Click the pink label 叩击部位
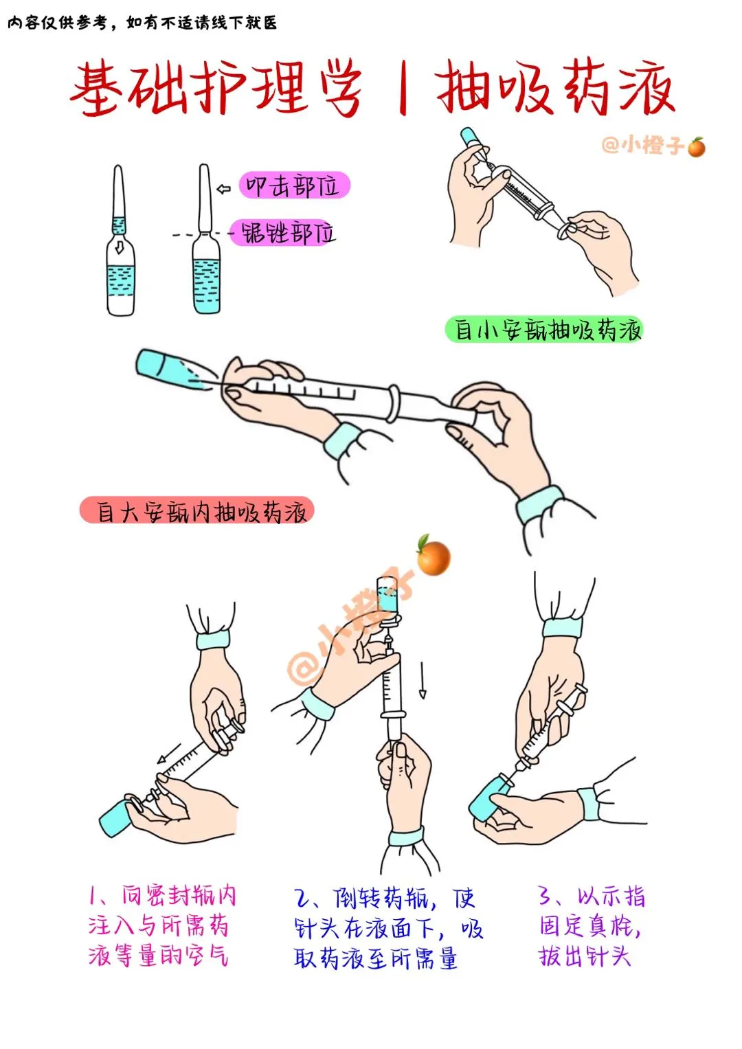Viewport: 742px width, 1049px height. (x=294, y=185)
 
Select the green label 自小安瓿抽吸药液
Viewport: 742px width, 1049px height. (x=543, y=330)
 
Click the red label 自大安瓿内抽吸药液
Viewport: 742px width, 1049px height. (x=196, y=510)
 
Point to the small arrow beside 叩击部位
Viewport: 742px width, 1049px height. (x=224, y=189)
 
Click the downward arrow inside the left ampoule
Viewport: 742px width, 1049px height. (x=120, y=247)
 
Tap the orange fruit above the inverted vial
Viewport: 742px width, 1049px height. (x=433, y=556)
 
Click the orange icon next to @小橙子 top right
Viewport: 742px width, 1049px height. (x=697, y=148)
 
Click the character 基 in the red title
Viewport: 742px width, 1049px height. (x=96, y=89)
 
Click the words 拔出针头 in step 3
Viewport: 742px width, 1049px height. (x=585, y=956)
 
